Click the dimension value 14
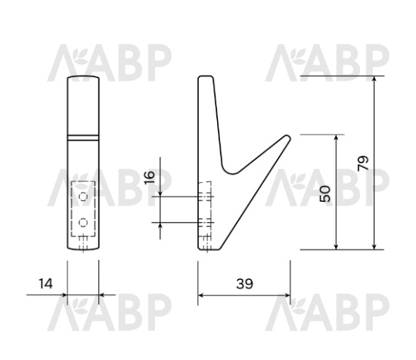point(46,284)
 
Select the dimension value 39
point(244,284)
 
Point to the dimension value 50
point(325,193)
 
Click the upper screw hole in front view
point(82,196)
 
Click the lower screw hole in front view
point(82,223)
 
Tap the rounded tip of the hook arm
point(287,139)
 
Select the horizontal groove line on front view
point(82,136)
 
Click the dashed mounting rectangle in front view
point(82,209)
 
